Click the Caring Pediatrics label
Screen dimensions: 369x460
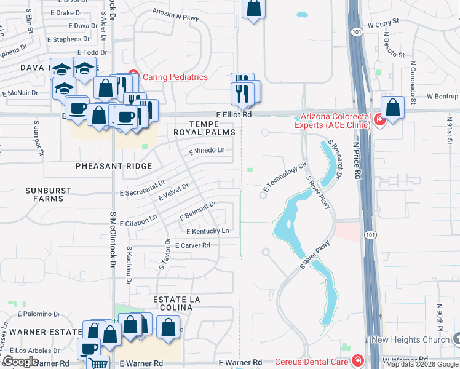pyautogui.click(x=175, y=77)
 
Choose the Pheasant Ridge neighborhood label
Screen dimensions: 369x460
pyautogui.click(x=114, y=166)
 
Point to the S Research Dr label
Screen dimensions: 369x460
pyautogui.click(x=335, y=159)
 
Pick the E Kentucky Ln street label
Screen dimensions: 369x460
pyautogui.click(x=208, y=231)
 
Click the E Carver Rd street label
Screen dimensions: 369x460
pyautogui.click(x=192, y=245)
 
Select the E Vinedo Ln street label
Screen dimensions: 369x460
pyautogui.click(x=207, y=150)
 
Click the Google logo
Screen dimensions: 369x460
pyautogui.click(x=20, y=362)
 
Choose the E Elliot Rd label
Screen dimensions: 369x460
pyautogui.click(x=234, y=114)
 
